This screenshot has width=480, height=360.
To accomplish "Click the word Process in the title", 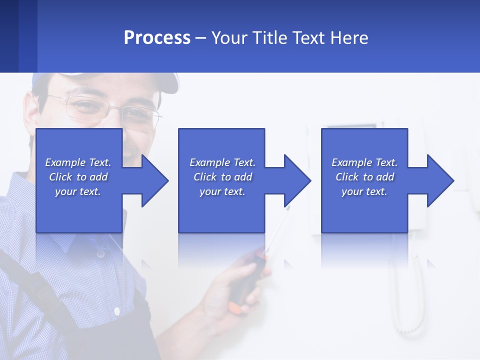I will [157, 38].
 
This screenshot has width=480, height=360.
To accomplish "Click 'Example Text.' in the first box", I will [78, 162].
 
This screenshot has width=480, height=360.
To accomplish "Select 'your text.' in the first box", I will [78, 191].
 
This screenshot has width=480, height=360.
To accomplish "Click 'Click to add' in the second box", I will [222, 177].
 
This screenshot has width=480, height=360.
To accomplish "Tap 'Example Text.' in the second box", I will [222, 162].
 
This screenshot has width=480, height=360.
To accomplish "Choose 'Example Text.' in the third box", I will [364, 162].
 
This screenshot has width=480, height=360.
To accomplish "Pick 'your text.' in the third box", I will [364, 191].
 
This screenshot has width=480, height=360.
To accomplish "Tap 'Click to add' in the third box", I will [364, 177].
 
